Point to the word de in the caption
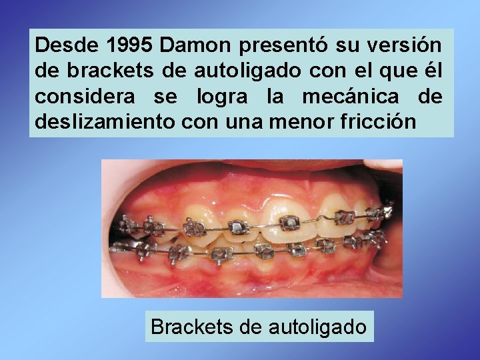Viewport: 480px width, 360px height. [246, 327]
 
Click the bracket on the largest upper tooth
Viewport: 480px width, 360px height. [291, 223]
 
